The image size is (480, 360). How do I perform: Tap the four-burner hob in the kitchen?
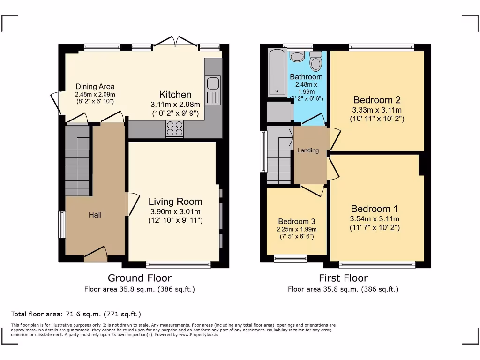click(174, 129)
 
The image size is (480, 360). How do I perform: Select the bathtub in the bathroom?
click(277, 73)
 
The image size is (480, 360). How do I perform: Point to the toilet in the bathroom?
click(316, 61)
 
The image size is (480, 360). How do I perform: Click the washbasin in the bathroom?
click(297, 57)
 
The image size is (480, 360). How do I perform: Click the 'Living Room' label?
click(175, 202)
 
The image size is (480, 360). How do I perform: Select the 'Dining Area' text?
click(95, 87)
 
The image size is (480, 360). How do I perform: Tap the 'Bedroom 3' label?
click(296, 221)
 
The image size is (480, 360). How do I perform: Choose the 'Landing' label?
click(308, 150)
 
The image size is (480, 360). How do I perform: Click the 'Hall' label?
click(95, 215)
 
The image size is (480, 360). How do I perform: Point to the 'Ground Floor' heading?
click(140, 278)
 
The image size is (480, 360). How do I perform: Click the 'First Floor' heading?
click(343, 278)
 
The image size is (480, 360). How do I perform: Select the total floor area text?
click(76, 314)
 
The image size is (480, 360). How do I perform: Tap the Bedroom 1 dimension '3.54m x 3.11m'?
click(375, 219)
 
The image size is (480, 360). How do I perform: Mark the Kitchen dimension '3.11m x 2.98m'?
click(175, 105)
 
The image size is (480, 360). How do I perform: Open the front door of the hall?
click(96, 255)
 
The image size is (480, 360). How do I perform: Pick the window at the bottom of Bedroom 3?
click(290, 257)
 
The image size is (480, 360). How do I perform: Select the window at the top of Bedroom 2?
click(381, 47)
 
